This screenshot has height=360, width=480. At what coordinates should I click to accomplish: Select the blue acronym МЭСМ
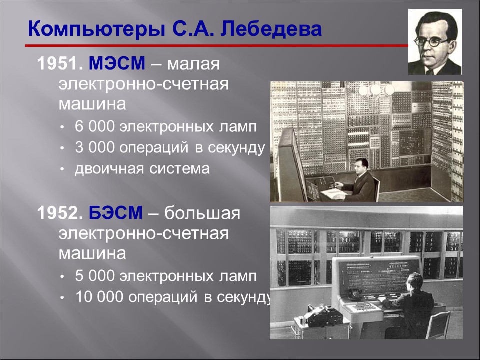118,64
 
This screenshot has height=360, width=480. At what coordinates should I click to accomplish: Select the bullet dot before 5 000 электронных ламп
62,276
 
